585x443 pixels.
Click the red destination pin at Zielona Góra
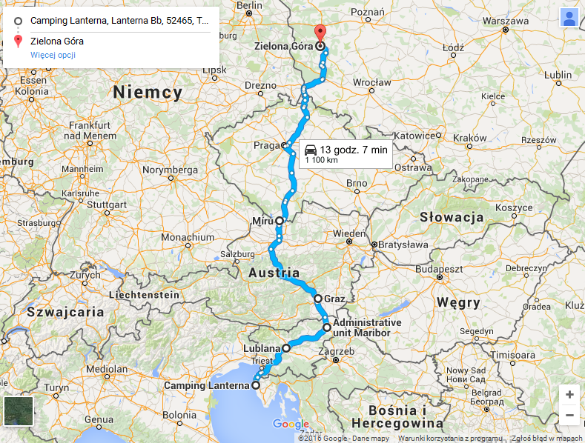(x=320, y=33)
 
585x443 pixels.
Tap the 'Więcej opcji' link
(x=53, y=55)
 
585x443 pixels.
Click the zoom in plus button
(x=569, y=395)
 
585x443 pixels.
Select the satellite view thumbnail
(x=19, y=411)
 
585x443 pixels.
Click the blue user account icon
(x=569, y=18)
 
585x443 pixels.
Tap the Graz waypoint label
(x=335, y=300)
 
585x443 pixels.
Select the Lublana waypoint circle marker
(x=285, y=347)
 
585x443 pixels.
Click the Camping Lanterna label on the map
(x=206, y=386)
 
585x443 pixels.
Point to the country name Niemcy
(x=148, y=93)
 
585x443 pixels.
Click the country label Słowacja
(x=452, y=217)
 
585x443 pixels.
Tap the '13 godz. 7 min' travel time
(x=354, y=150)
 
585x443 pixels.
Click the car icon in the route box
(x=310, y=150)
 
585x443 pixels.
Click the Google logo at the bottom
(x=291, y=424)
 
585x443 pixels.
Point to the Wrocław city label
(x=372, y=81)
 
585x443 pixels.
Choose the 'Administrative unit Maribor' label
(x=367, y=327)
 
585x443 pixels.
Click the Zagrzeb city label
(x=337, y=351)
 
